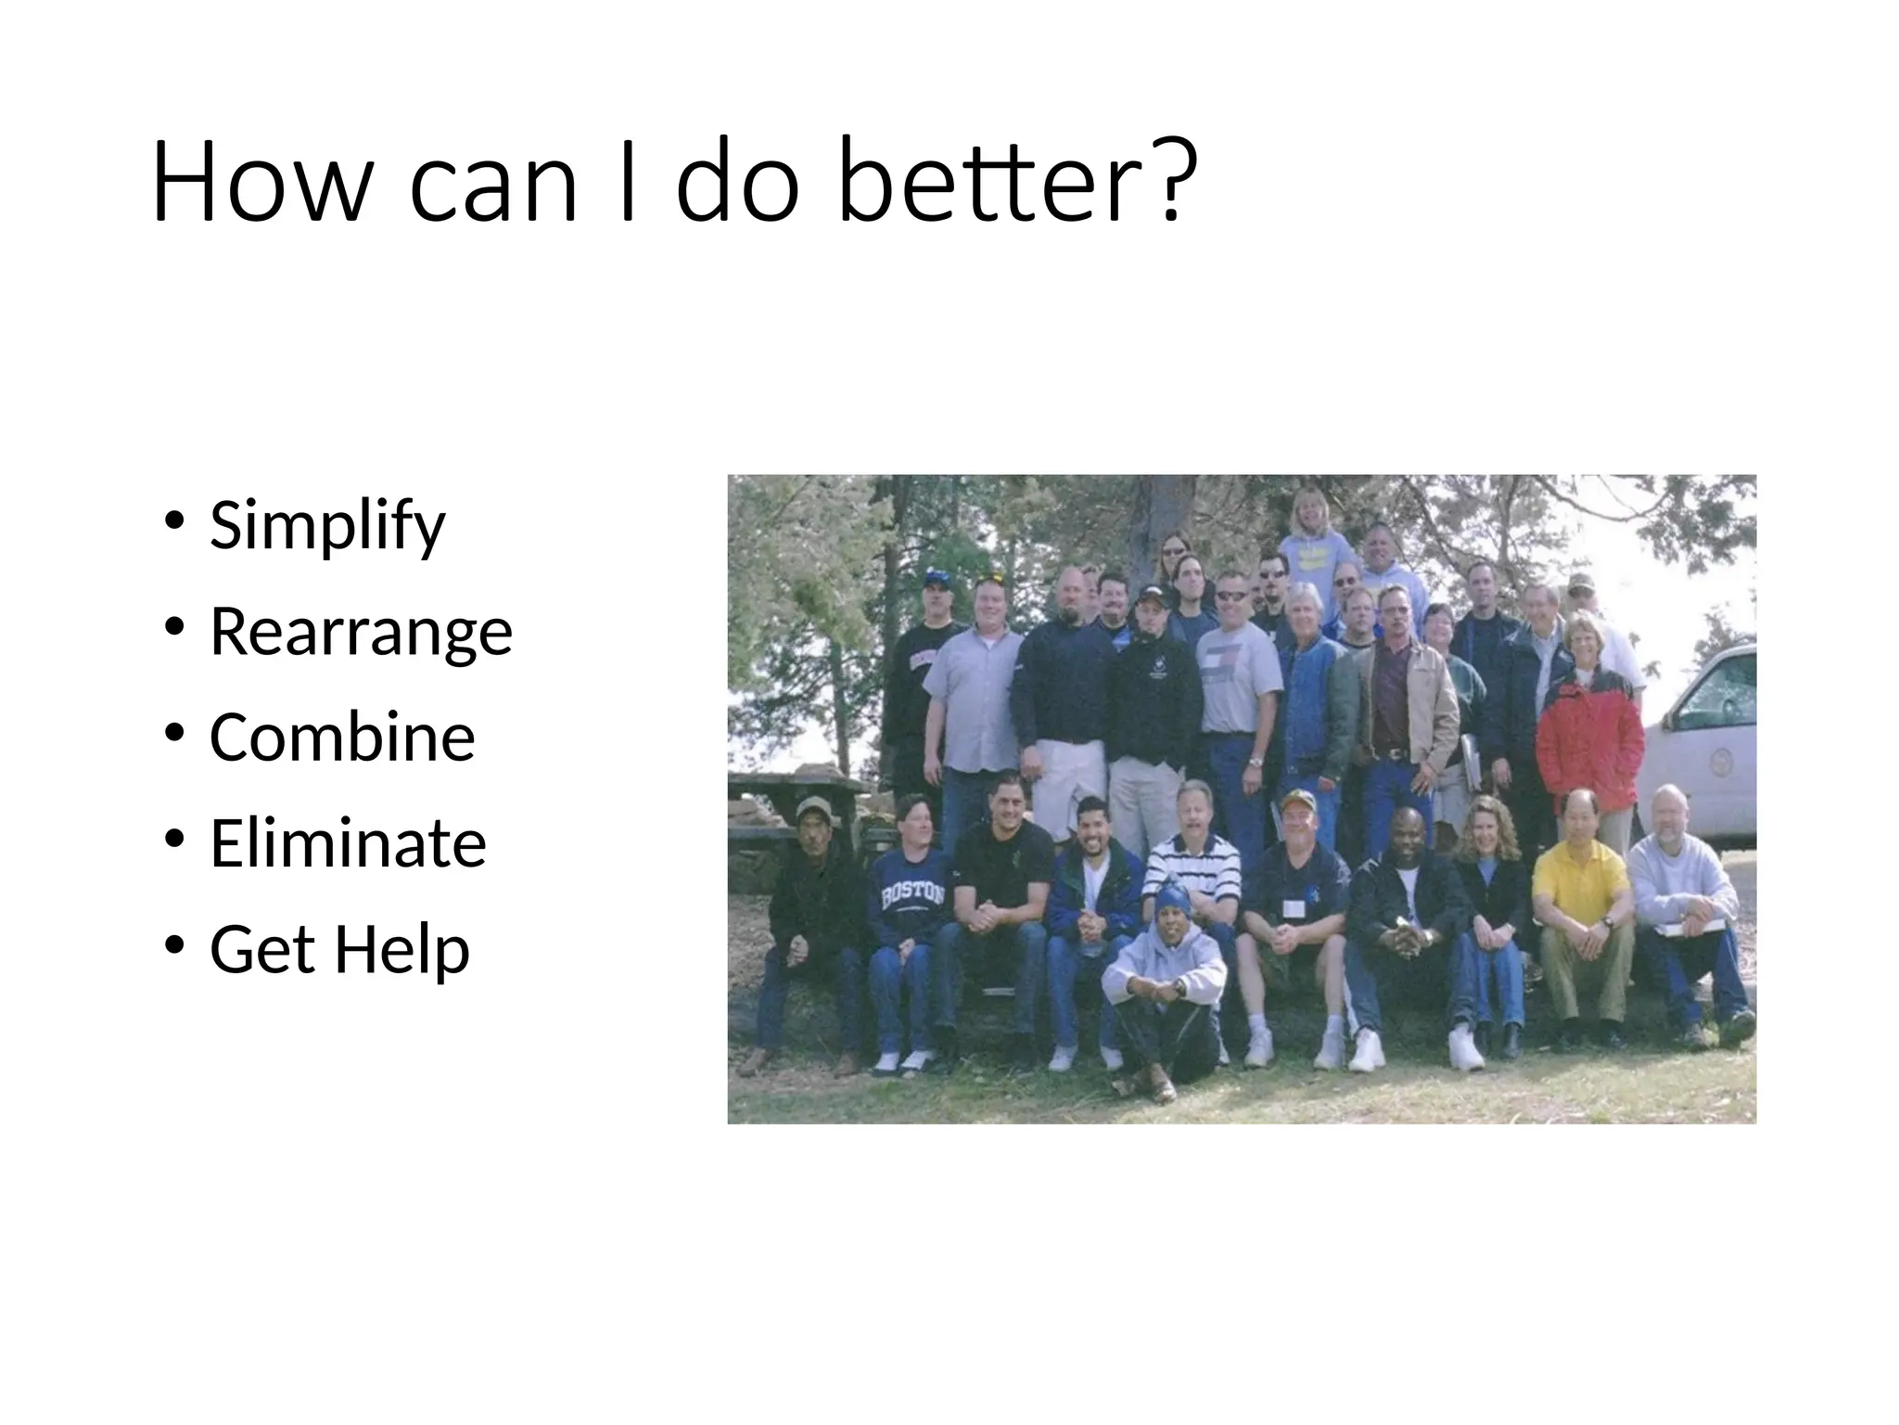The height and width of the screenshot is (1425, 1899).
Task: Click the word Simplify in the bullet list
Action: [x=326, y=526]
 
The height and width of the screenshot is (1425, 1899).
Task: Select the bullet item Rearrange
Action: [x=361, y=632]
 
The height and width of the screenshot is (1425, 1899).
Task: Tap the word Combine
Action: [x=342, y=738]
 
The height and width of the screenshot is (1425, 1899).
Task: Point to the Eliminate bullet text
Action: [x=348, y=843]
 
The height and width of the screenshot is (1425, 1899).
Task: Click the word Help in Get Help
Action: [x=401, y=949]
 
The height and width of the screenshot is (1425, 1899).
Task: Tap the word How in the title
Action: [x=261, y=181]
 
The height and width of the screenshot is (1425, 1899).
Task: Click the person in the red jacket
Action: [x=1587, y=733]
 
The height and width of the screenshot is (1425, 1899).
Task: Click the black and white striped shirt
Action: [x=1192, y=867]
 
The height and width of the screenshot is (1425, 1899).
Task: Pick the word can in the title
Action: [x=493, y=181]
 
